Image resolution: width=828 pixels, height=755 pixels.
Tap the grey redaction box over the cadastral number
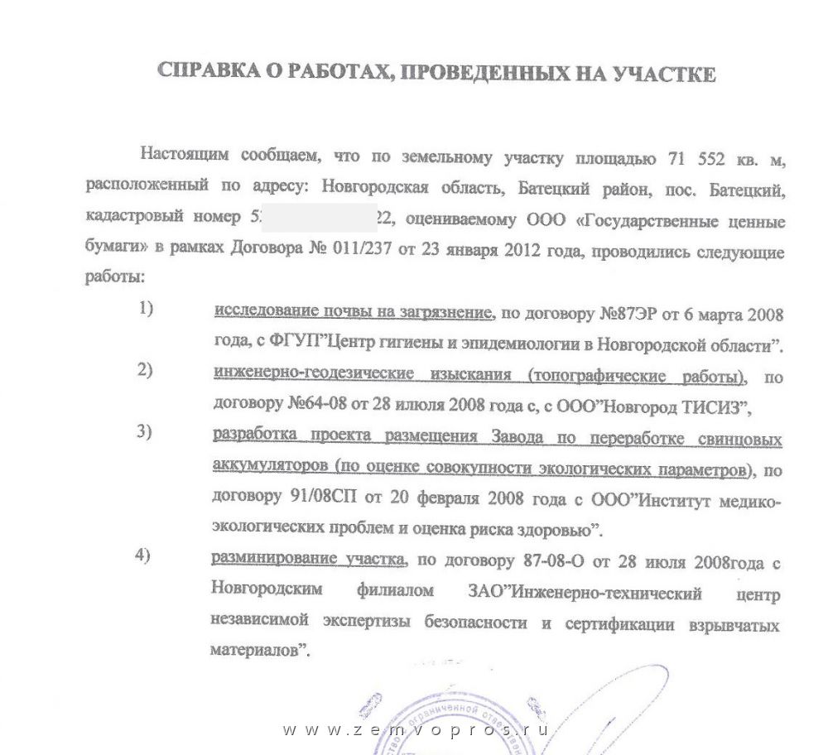pos(320,220)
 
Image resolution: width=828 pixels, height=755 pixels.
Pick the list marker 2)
pos(146,370)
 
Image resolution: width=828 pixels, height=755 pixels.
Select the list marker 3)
pos(146,431)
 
